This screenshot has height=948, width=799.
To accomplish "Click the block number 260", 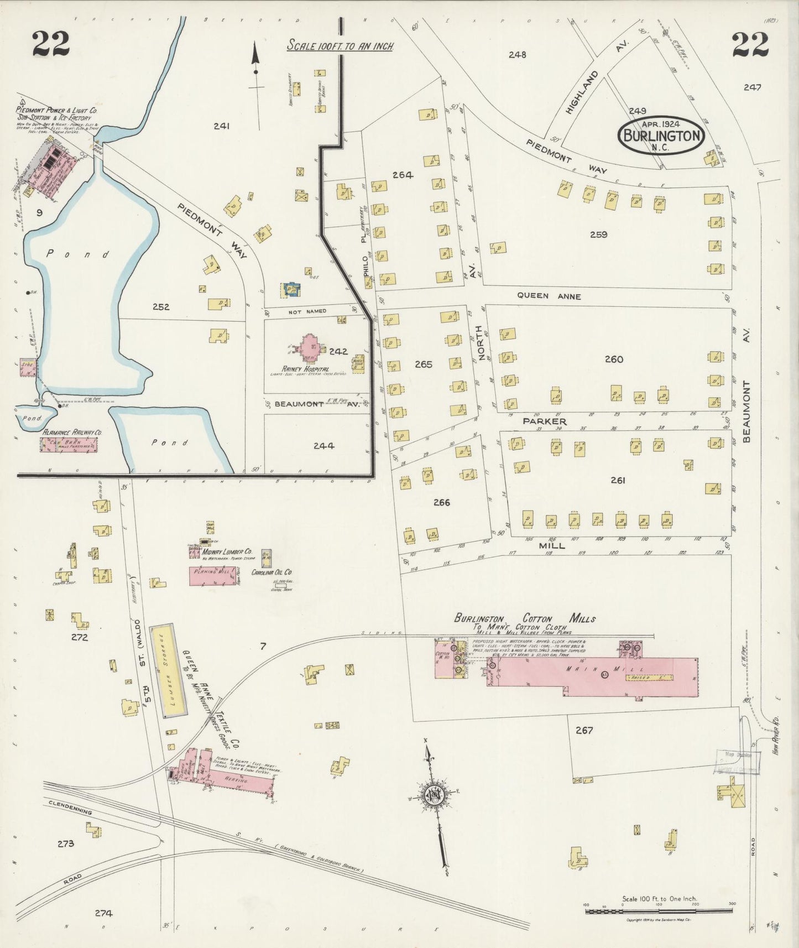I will tap(614, 360).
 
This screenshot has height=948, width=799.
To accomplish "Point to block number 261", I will tap(618, 481).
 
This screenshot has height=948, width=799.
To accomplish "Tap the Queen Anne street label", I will tap(549, 296).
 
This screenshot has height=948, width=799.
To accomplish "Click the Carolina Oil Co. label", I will tap(271, 572).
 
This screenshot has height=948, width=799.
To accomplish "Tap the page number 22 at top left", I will tap(51, 44).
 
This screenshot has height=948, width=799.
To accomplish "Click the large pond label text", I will tap(78, 254).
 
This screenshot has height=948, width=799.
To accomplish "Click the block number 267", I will tap(584, 730).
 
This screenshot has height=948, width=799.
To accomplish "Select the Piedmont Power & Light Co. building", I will tap(53, 162).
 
